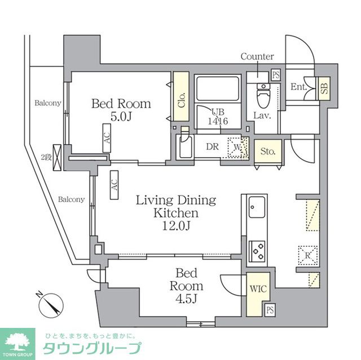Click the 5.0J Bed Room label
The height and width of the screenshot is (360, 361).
(x=121, y=110)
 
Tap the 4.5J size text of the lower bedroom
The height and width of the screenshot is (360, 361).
(x=183, y=299)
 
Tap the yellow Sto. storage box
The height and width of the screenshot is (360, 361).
(x=267, y=151)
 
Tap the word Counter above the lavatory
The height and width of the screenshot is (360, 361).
(x=257, y=56)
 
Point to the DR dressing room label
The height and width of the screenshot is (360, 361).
(x=212, y=147)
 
